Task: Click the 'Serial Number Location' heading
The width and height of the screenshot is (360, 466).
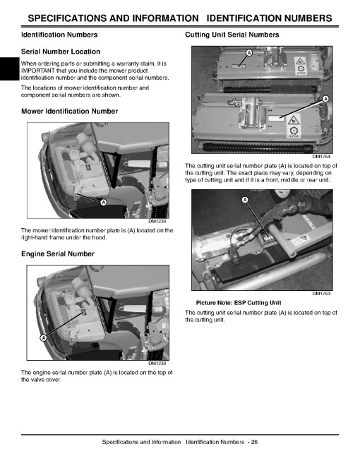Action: coord(61,52)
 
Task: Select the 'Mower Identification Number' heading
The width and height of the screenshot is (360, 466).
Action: coord(69,112)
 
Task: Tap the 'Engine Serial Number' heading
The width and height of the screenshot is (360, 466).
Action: coord(58,253)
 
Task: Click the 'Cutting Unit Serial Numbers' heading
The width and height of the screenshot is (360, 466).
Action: coord(232,35)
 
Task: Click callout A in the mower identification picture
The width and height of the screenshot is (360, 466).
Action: coord(103,203)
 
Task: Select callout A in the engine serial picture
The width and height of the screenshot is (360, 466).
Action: coord(43,338)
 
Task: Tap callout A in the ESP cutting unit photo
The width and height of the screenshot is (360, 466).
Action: coord(245,200)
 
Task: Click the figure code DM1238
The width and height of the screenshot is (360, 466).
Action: coord(157,222)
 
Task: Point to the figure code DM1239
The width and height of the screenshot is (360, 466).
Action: coord(157,363)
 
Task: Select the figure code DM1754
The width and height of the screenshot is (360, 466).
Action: coord(321,156)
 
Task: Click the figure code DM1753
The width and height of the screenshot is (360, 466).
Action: coord(321,293)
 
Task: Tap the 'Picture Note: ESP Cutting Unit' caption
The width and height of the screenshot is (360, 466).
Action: coord(239,303)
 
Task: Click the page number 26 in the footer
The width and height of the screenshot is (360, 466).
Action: coord(254,442)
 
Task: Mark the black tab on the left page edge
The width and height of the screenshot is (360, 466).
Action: coord(9,69)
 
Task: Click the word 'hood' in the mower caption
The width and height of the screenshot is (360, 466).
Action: coord(100,238)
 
